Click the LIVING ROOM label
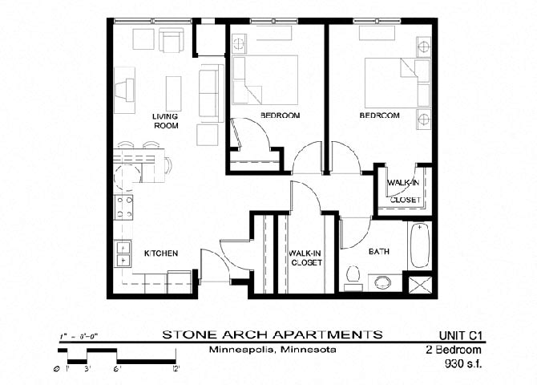(x=165, y=121)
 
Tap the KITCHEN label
(x=160, y=253)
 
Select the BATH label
(x=379, y=252)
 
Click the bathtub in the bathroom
(x=421, y=245)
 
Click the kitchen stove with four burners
(x=124, y=207)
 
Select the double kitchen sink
(x=123, y=254)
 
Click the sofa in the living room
(x=208, y=92)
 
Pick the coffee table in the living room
(x=173, y=93)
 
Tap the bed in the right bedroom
(x=390, y=81)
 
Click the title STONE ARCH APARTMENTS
(x=273, y=334)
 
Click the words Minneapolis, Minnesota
(x=273, y=351)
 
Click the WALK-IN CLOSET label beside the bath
(x=305, y=258)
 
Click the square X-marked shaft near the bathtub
(x=421, y=285)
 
